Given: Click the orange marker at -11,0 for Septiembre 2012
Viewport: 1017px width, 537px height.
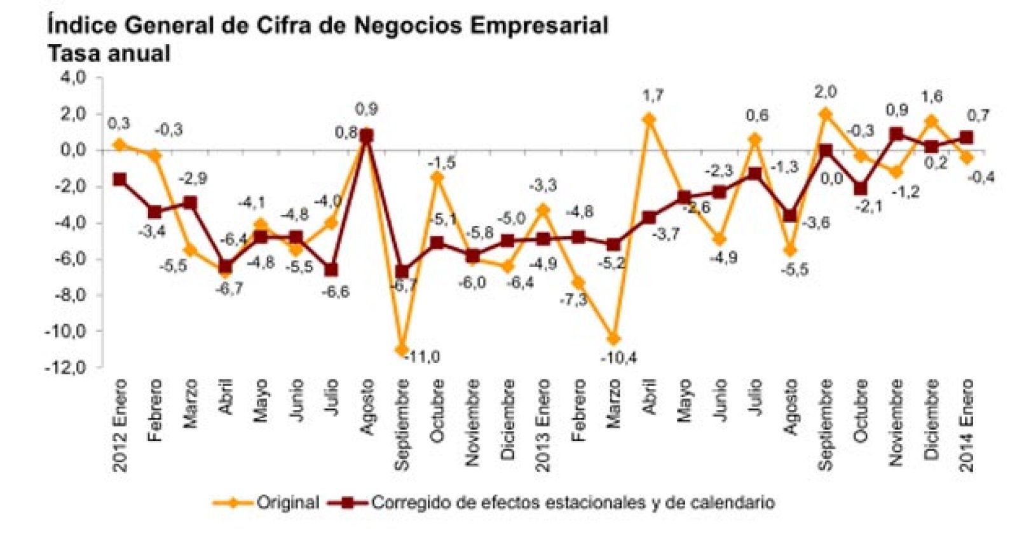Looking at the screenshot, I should pyautogui.click(x=401, y=350).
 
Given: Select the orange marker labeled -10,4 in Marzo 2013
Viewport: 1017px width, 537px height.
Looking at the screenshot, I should pyautogui.click(x=613, y=339).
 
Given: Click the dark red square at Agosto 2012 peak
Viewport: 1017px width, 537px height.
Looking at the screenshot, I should pyautogui.click(x=366, y=136).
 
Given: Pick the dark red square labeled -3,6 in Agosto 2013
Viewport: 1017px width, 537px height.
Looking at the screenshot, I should pyautogui.click(x=790, y=216).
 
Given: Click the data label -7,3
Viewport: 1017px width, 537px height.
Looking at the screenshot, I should pyautogui.click(x=573, y=300).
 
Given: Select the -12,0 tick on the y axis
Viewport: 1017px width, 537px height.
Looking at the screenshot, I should pyautogui.click(x=64, y=367).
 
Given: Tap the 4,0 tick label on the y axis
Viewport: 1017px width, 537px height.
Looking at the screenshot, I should pyautogui.click(x=72, y=78).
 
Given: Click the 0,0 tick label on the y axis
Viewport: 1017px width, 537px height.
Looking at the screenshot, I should pyautogui.click(x=72, y=151).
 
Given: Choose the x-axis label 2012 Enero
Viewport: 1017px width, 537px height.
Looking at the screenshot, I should pyautogui.click(x=120, y=425).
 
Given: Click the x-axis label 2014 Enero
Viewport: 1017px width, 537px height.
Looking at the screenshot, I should pyautogui.click(x=967, y=425).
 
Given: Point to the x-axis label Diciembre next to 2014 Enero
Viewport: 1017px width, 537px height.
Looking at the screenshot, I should pyautogui.click(x=931, y=419).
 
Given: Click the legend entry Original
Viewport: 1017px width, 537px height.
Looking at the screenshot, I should pyautogui.click(x=287, y=503).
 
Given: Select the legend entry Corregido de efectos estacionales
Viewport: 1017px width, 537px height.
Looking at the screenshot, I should pyautogui.click(x=572, y=503).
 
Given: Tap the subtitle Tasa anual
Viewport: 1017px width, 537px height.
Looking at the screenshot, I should pyautogui.click(x=109, y=53).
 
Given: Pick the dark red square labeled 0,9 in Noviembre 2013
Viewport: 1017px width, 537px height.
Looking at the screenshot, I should pyautogui.click(x=896, y=135).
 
